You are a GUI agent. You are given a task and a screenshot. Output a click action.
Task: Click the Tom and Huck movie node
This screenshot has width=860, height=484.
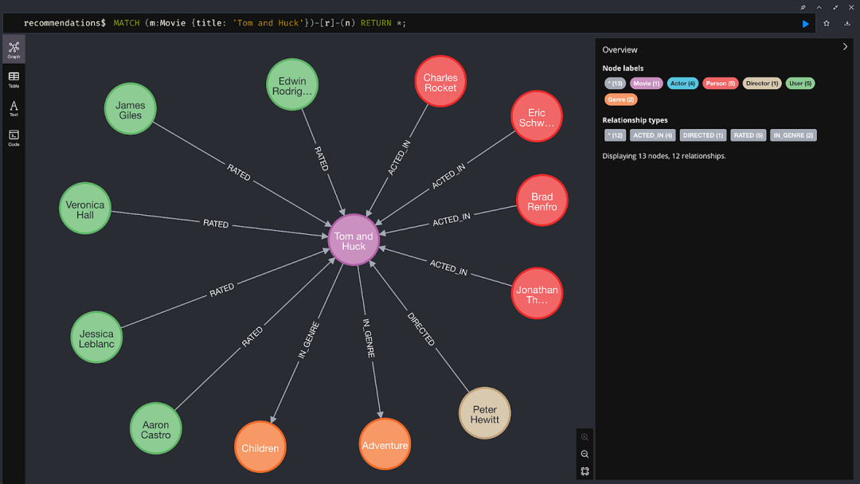[354, 240]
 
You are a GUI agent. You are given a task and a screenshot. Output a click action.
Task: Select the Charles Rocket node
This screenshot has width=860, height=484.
[440, 82]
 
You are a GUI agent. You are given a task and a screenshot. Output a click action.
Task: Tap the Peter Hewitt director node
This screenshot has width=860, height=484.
[484, 413]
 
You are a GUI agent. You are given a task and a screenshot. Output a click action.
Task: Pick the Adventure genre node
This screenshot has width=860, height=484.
[385, 445]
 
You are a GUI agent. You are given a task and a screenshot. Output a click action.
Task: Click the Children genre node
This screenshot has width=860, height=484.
[260, 447]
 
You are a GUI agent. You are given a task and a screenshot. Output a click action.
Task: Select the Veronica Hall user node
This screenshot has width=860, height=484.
[85, 209]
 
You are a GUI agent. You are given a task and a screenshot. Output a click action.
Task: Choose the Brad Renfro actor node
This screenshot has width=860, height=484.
[541, 201]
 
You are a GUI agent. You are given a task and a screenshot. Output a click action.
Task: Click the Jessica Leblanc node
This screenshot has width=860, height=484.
[96, 338]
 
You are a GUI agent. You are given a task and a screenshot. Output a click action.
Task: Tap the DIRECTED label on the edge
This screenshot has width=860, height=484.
[421, 329]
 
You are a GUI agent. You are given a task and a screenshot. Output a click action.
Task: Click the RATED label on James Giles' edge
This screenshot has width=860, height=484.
[239, 172]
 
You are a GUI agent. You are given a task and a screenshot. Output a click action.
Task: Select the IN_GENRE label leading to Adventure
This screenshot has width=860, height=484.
[368, 339]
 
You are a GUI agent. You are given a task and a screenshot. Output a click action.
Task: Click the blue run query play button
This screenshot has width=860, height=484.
[806, 24]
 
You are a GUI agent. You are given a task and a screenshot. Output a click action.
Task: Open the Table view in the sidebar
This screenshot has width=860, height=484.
[14, 78]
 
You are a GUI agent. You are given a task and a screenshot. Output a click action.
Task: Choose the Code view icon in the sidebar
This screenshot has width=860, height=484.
[14, 137]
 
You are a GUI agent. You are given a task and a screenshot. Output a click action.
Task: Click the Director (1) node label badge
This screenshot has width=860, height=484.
[762, 83]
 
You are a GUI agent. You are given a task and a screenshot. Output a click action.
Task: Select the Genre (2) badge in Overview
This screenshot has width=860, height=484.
[621, 100]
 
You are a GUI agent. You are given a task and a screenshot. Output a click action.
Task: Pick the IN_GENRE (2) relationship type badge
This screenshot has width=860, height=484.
[793, 135]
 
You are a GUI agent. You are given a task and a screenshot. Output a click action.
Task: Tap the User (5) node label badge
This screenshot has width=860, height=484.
[800, 83]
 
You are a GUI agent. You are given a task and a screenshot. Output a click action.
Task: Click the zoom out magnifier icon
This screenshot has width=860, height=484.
[585, 454]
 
